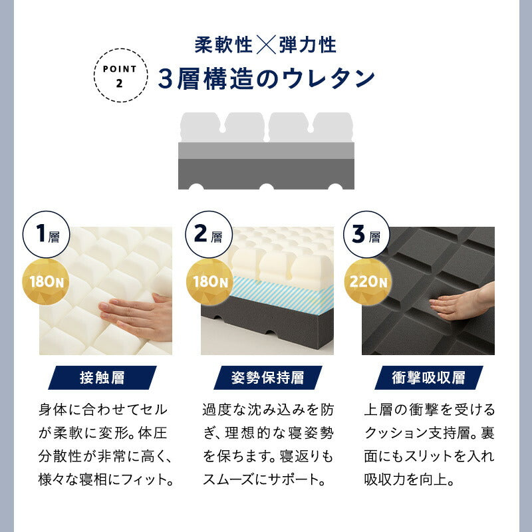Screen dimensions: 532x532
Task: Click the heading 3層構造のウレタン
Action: [267, 79]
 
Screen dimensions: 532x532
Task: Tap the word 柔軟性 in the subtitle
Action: [223, 45]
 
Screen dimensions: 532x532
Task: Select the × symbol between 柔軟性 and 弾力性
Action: [266, 45]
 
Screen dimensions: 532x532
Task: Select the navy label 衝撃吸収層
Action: [428, 378]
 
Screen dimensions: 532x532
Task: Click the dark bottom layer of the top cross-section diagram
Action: [266, 174]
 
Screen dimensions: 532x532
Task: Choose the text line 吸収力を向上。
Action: [409, 479]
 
